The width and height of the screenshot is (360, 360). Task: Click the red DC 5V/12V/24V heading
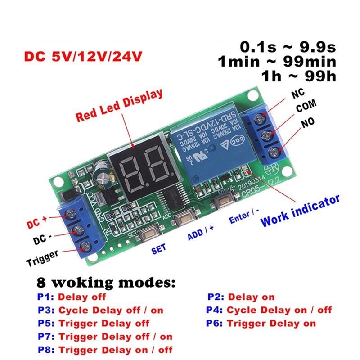[84, 58]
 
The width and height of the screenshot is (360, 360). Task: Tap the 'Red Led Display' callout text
[119, 106]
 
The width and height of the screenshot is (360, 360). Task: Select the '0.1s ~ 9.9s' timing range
[288, 46]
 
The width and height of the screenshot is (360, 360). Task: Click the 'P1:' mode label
[46, 297]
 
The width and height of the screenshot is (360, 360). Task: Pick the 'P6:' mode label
[215, 323]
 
